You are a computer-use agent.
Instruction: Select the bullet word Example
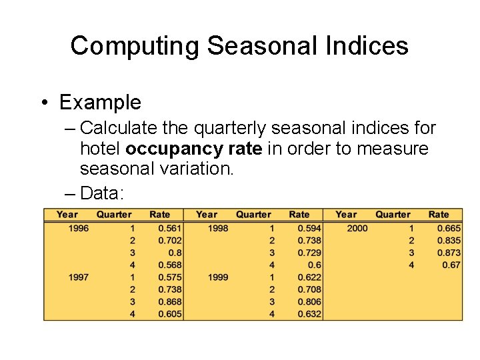coord(100,102)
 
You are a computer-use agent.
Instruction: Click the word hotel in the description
coord(100,148)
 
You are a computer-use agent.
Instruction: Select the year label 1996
coord(78,228)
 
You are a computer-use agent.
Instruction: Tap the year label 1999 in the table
coord(218,277)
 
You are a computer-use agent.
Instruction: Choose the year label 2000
coord(357,228)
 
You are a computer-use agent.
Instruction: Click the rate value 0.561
coord(170,228)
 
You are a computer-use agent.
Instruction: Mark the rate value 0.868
coord(170,302)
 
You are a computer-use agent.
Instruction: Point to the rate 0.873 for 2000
coord(449,253)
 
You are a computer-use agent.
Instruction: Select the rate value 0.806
coord(309,302)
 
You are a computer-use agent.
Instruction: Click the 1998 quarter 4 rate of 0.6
coord(314,265)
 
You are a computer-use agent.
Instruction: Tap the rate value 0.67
coord(451,265)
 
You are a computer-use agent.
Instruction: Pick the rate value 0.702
coord(170,240)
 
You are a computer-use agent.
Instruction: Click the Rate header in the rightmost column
coord(439,214)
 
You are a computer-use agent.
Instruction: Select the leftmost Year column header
coord(67,214)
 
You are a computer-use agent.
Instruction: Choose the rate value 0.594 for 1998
coord(309,228)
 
